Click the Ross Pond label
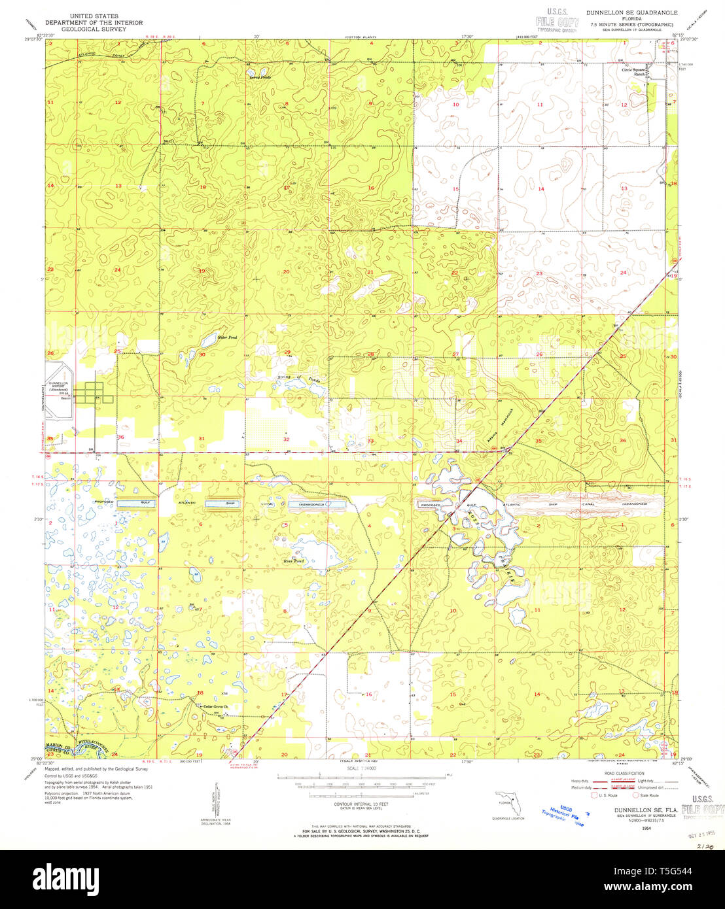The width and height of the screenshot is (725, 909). tap(293, 561)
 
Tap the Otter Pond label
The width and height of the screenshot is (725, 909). tap(209, 337)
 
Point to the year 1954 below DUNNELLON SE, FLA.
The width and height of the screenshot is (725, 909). tap(646, 829)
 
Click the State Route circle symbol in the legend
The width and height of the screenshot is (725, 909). tap(635, 795)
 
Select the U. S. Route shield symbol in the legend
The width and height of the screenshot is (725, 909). tap(594, 795)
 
